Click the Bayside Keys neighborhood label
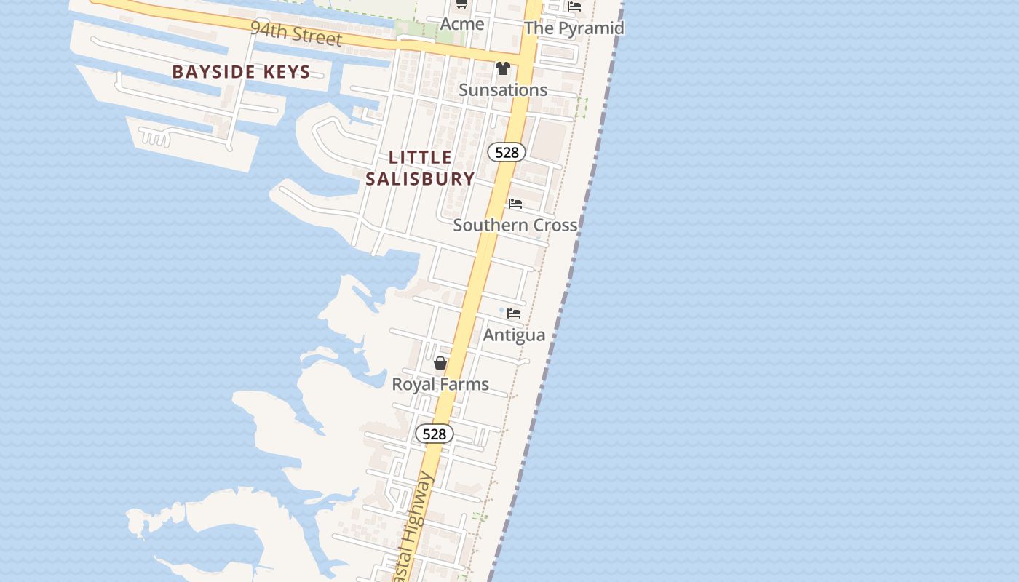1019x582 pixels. (241, 72)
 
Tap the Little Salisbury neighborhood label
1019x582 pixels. (420, 167)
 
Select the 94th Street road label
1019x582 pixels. (296, 33)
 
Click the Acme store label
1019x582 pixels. (462, 24)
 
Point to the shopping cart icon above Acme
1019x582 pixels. (461, 4)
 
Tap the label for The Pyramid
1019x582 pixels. (574, 28)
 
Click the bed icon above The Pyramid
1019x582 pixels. (574, 7)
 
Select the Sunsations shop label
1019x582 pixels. (503, 90)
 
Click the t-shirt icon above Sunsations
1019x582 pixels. (502, 69)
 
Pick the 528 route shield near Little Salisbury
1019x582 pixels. (507, 152)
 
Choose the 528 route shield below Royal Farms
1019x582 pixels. (435, 434)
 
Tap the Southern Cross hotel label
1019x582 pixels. (515, 225)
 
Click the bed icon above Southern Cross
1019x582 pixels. (515, 204)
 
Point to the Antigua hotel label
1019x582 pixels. (514, 335)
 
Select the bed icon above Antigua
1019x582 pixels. (514, 314)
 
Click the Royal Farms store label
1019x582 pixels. (440, 384)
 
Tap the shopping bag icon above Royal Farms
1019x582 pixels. (440, 362)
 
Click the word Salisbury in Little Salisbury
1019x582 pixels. (420, 178)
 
